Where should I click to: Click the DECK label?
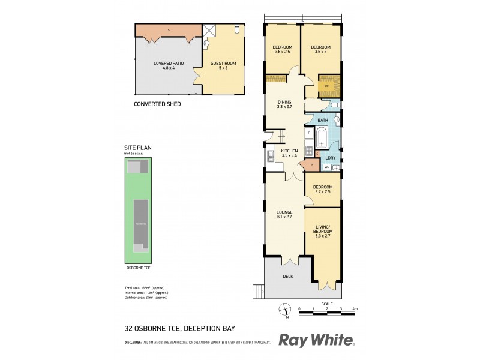288,277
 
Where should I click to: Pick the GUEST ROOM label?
223,65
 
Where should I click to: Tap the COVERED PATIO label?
168,65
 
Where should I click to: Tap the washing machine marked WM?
328,167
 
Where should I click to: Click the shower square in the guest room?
209,31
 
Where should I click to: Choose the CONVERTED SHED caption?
157,104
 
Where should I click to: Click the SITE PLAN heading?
135,147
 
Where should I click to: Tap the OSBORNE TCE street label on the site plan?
139,268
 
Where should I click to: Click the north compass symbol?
281,310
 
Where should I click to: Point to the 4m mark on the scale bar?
355,308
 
